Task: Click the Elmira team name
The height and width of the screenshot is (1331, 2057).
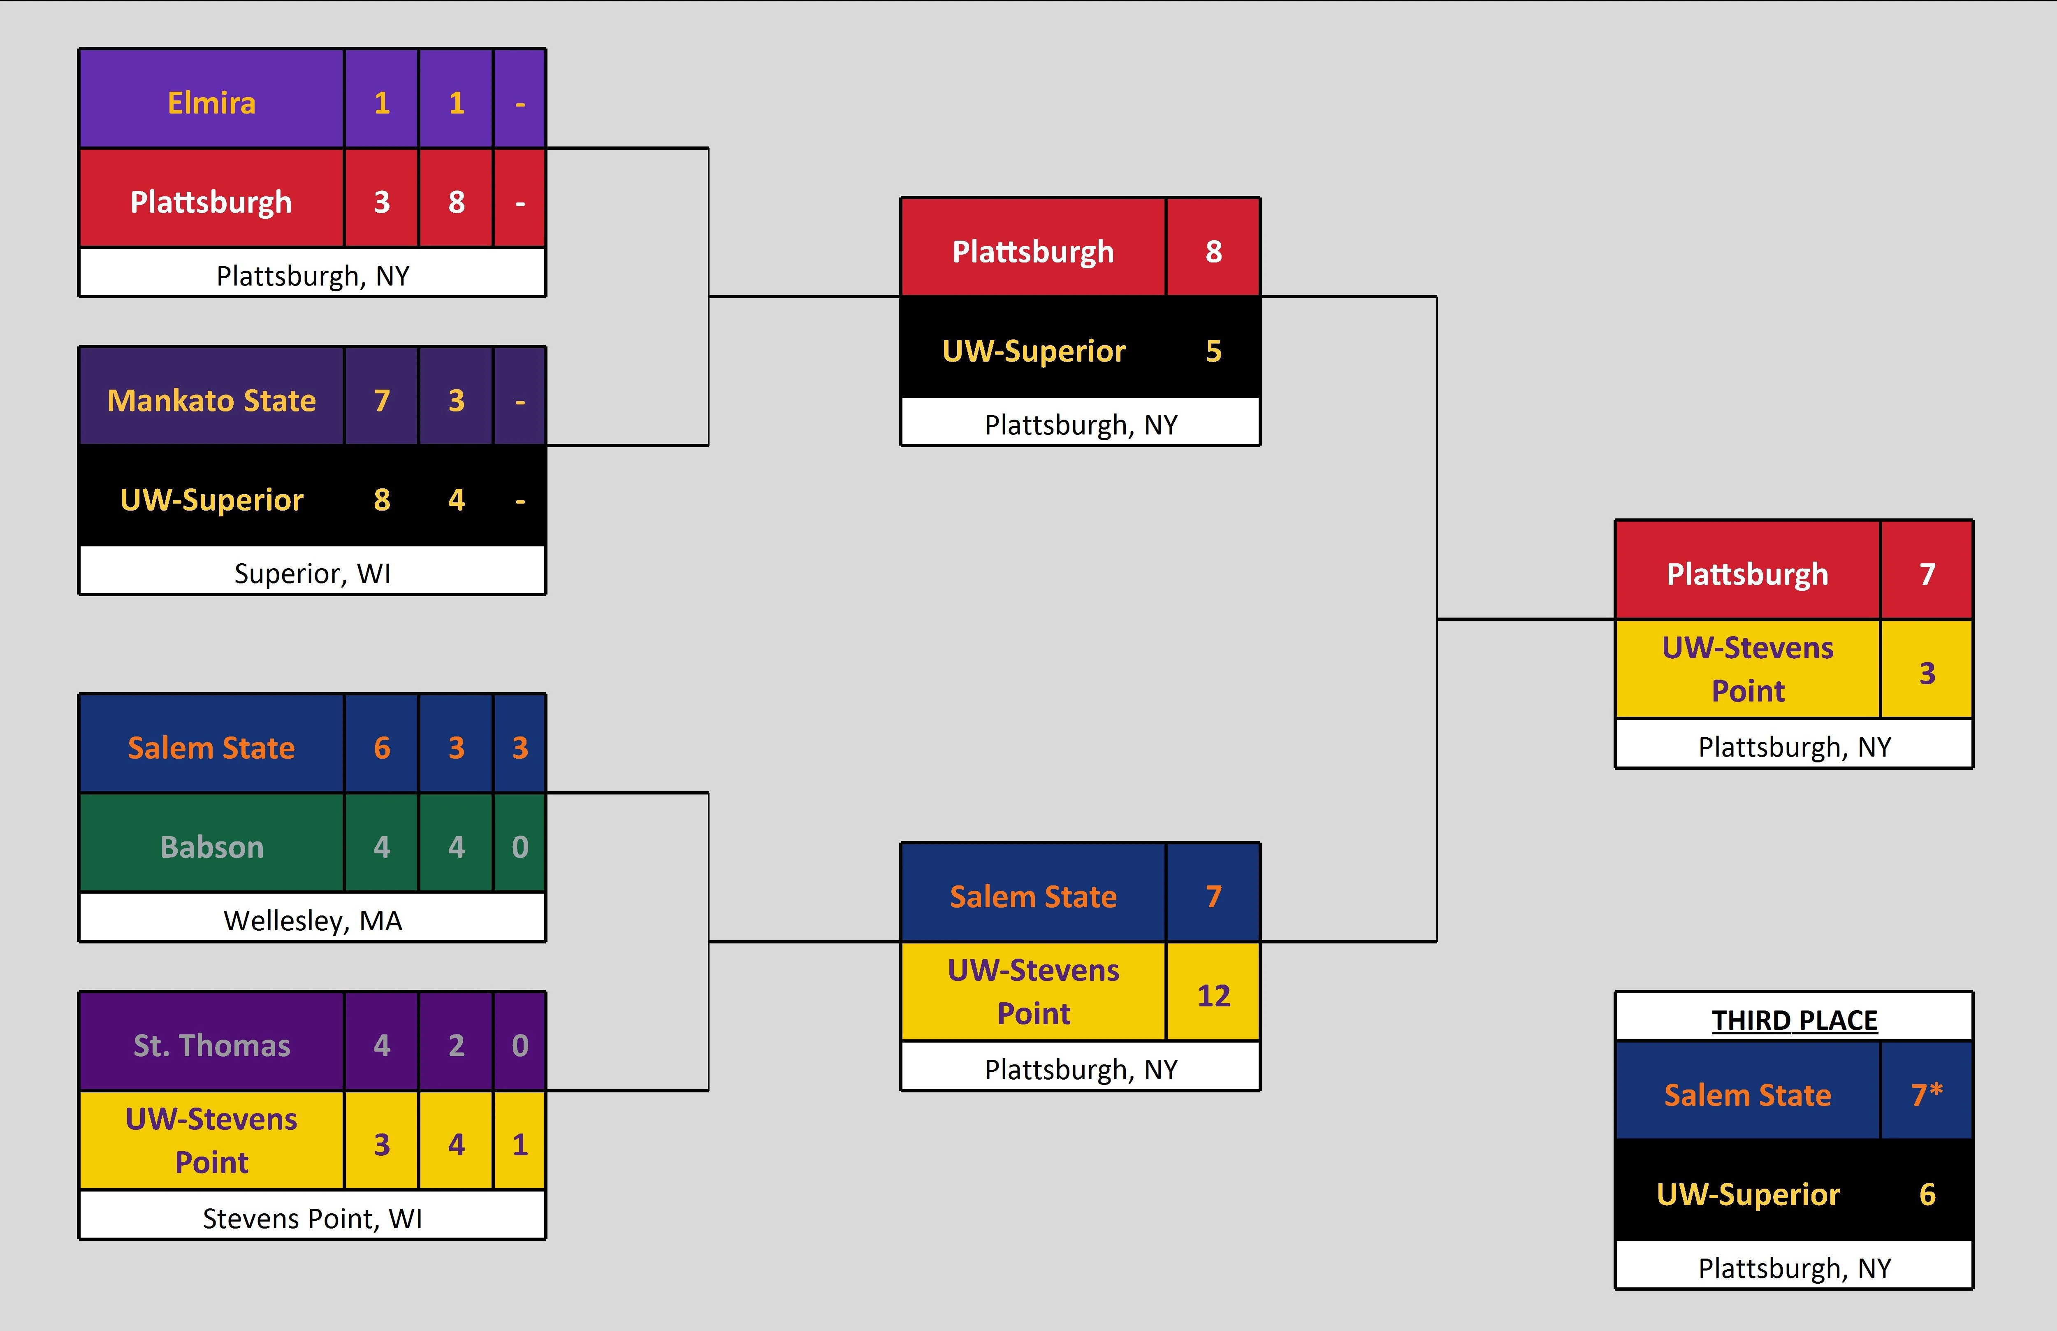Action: pos(212,103)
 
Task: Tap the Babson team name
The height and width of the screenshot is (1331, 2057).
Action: pos(212,847)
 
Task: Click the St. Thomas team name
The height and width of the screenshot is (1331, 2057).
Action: pos(212,1046)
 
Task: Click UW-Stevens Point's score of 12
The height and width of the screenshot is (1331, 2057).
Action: pos(1213,996)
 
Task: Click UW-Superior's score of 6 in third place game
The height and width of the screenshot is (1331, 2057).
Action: pos(1927,1194)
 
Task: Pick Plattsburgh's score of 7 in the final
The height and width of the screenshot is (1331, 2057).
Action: pos(1927,574)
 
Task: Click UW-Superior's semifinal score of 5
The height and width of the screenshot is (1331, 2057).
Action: pos(1213,351)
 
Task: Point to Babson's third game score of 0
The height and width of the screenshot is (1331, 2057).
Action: pos(519,847)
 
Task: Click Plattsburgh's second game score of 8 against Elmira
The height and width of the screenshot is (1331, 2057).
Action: pos(456,202)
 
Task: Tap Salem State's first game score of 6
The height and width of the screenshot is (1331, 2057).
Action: pos(382,748)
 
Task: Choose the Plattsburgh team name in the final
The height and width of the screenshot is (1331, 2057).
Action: pos(1747,574)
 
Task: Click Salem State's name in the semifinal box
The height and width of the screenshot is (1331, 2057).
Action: pos(1033,896)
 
